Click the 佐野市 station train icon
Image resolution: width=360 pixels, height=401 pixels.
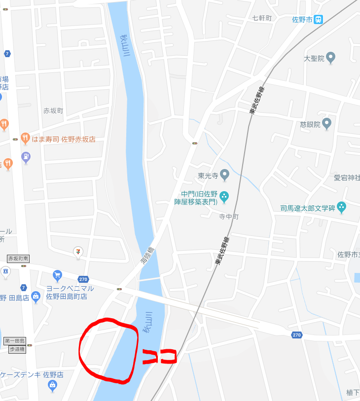[x=319, y=20]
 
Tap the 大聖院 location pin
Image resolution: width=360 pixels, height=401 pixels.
[x=331, y=58]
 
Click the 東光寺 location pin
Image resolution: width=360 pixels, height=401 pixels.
[x=224, y=174]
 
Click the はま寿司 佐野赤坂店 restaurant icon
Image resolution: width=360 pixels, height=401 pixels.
[x=25, y=138]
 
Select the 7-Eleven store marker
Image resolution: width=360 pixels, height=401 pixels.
[x=77, y=252]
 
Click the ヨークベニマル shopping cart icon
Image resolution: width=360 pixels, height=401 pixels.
[x=57, y=275]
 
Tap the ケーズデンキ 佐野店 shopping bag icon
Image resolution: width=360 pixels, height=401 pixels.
[x=52, y=386]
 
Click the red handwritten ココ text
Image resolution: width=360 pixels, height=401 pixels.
[x=159, y=356]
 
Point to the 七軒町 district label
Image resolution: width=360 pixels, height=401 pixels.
[x=262, y=18]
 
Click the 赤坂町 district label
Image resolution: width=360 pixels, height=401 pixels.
[x=53, y=111]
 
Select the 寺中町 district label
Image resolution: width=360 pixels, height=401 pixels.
[x=229, y=216]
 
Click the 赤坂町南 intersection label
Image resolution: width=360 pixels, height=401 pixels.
[x=18, y=258]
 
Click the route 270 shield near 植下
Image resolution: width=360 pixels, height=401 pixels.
[x=296, y=335]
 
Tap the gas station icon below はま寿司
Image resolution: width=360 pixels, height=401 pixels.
[x=26, y=158]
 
